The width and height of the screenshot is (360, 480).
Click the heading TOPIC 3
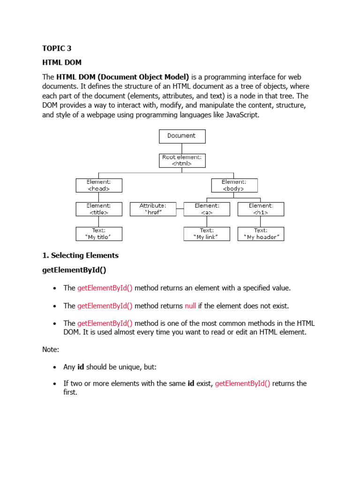click(x=57, y=48)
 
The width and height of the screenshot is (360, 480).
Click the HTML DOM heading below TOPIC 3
click(x=62, y=62)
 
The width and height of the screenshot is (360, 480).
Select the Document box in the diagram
click(x=182, y=136)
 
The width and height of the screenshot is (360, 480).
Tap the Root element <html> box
click(x=182, y=161)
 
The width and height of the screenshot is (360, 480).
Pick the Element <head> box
click(x=99, y=185)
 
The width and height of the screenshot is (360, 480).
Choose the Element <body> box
click(x=234, y=185)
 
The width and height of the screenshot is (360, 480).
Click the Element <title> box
click(x=99, y=209)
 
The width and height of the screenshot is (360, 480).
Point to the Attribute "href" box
click(x=153, y=209)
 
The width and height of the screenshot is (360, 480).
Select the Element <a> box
click(x=207, y=209)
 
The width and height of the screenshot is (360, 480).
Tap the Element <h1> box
click(x=261, y=209)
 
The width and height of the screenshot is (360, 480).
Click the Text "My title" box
click(x=99, y=234)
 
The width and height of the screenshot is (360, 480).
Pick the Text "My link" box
click(x=207, y=234)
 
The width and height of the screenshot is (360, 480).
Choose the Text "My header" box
click(x=261, y=234)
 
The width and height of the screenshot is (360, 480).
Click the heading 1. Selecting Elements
click(x=80, y=255)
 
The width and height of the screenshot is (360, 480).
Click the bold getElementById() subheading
click(x=77, y=270)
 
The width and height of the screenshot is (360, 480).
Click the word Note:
click(x=51, y=350)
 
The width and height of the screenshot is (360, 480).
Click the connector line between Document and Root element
click(x=182, y=149)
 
